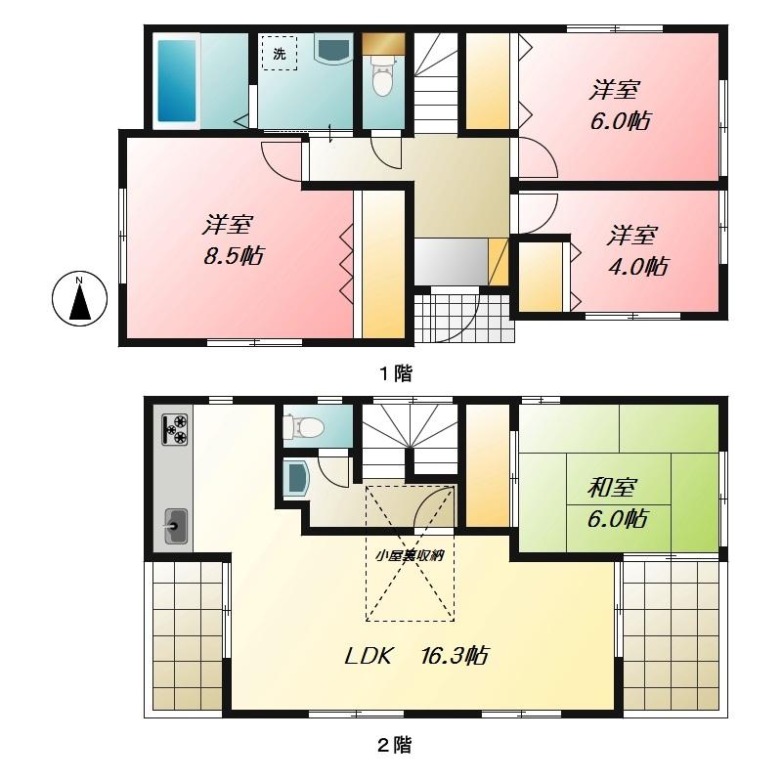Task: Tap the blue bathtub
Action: click(177, 79)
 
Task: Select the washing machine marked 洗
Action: click(280, 55)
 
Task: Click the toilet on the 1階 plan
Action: click(382, 76)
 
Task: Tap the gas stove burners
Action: click(177, 429)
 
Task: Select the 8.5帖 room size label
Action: click(234, 256)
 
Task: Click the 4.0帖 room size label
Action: click(639, 265)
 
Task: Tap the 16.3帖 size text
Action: click(456, 656)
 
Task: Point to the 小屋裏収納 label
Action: click(411, 556)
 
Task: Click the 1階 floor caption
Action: click(396, 372)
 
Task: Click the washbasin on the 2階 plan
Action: click(295, 478)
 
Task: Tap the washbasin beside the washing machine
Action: click(335, 49)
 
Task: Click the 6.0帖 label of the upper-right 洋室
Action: click(620, 121)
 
